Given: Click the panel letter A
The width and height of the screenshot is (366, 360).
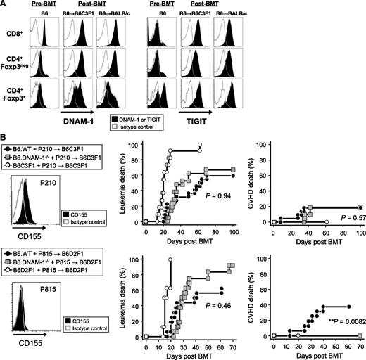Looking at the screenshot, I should coord(4,5).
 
